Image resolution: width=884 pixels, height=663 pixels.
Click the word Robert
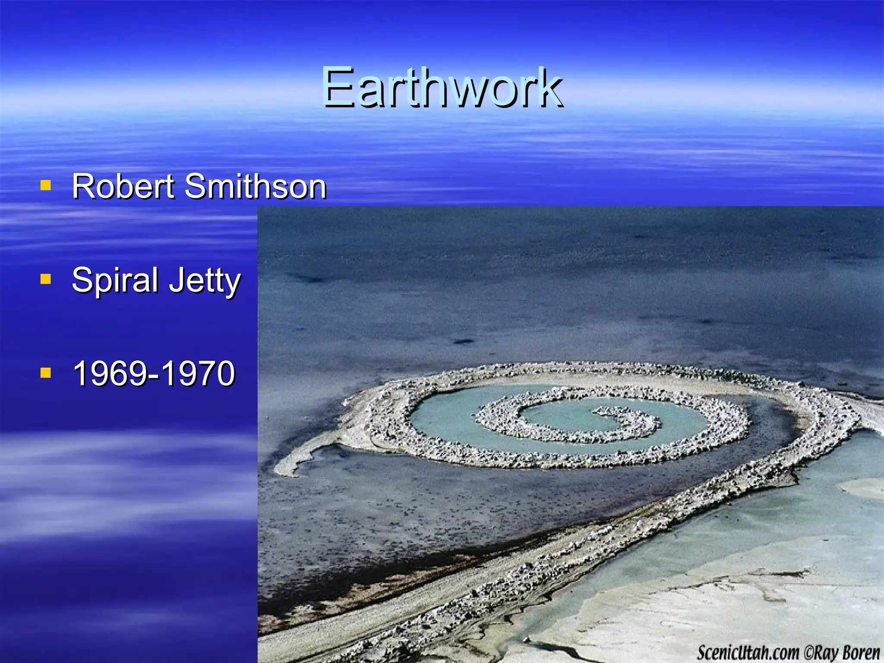(x=123, y=186)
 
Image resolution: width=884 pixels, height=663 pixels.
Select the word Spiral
(x=115, y=281)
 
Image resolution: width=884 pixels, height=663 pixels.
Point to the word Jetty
(x=205, y=281)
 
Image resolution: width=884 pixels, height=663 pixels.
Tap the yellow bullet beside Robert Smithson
(x=46, y=186)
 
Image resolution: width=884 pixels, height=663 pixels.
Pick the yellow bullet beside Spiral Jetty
(x=46, y=280)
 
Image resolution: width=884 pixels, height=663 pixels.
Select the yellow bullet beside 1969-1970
(x=46, y=373)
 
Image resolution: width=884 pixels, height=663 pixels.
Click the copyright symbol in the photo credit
(x=808, y=653)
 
